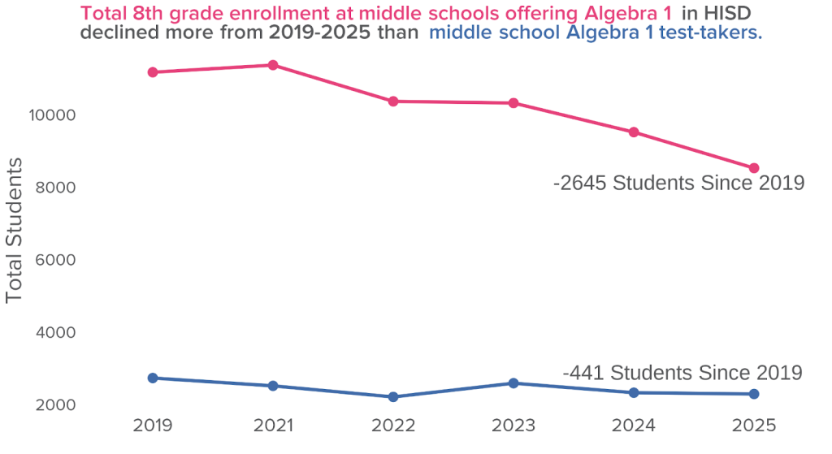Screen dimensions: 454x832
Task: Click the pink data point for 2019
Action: pos(153,72)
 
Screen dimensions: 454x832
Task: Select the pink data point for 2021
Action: pos(273,65)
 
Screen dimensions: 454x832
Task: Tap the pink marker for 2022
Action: pos(393,102)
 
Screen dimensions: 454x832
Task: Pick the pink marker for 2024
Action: pos(634,132)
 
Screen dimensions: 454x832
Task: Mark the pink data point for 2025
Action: pos(754,168)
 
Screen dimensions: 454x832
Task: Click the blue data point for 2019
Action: pos(153,378)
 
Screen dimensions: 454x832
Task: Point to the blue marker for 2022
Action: pos(393,397)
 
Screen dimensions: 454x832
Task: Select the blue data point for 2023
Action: pos(513,383)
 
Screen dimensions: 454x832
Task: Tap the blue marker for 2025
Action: pos(754,394)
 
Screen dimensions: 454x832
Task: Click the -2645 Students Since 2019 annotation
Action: pos(678,184)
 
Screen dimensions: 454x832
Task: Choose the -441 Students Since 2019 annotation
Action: pos(682,373)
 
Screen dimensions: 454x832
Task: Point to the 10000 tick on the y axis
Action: pos(51,115)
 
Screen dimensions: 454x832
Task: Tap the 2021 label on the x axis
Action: pos(273,426)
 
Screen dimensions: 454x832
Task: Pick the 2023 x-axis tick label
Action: pos(513,426)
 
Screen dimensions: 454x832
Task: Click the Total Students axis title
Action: pos(14,231)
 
